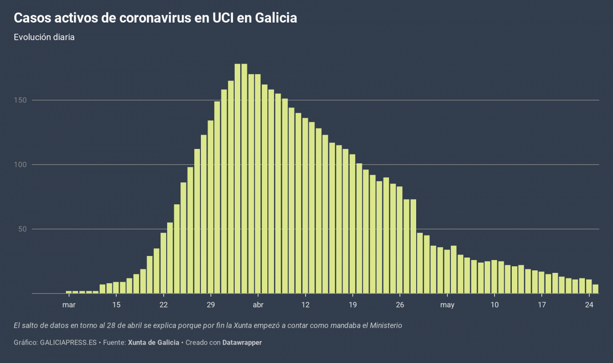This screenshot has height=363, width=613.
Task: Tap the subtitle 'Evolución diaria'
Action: pyautogui.click(x=44, y=37)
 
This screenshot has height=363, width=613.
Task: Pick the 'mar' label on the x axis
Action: pyautogui.click(x=69, y=305)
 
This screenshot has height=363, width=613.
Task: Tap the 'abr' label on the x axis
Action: pyautogui.click(x=258, y=305)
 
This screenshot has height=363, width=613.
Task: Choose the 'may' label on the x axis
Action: pyautogui.click(x=447, y=305)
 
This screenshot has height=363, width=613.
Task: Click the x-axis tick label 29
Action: pyautogui.click(x=211, y=305)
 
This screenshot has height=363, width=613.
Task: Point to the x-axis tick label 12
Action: pyautogui.click(x=305, y=305)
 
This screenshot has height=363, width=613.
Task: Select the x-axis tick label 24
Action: pyautogui.click(x=589, y=305)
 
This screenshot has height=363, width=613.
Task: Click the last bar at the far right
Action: pyautogui.click(x=596, y=289)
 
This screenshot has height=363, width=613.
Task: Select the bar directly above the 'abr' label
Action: pyautogui.click(x=258, y=184)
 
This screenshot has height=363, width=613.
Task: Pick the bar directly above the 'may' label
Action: pyautogui.click(x=447, y=272)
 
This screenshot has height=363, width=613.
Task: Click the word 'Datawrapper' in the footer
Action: pyautogui.click(x=242, y=343)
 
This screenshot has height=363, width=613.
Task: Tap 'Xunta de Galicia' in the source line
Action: pyautogui.click(x=153, y=343)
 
